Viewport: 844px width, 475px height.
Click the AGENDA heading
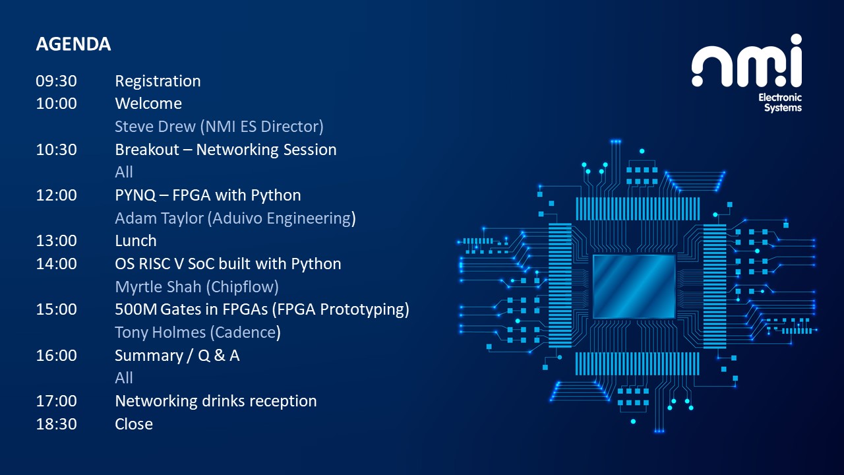click(x=73, y=44)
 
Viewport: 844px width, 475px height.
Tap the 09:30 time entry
click(x=57, y=81)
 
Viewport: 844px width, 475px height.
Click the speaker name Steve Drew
click(x=155, y=127)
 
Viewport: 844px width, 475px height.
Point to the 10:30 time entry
click(x=57, y=150)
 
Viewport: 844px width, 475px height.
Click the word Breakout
click(x=147, y=150)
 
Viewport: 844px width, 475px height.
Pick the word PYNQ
click(x=135, y=195)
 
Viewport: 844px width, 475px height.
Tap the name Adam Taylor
click(x=159, y=218)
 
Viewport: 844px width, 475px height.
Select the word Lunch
click(x=136, y=241)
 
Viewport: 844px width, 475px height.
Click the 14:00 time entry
click(x=57, y=264)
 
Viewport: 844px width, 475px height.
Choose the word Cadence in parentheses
click(x=245, y=332)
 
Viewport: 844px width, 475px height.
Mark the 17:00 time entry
click(x=57, y=401)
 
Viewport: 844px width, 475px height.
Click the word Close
click(x=134, y=424)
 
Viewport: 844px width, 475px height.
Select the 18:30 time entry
click(x=57, y=424)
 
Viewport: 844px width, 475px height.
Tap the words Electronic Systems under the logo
click(x=781, y=103)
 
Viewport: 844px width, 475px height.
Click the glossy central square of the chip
click(x=634, y=287)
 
